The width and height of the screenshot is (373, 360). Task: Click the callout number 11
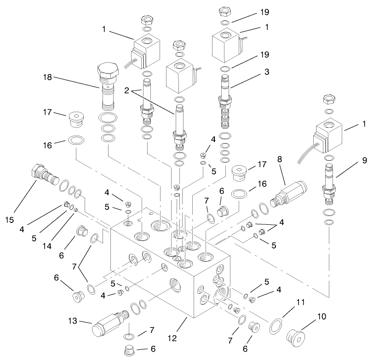pyautogui.click(x=300, y=303)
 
